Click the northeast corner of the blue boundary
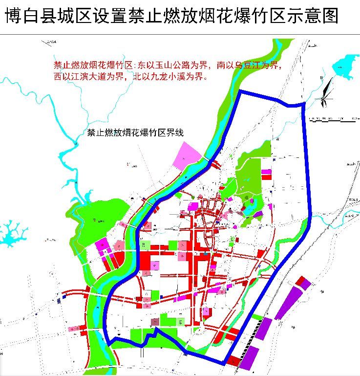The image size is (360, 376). [304, 104]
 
